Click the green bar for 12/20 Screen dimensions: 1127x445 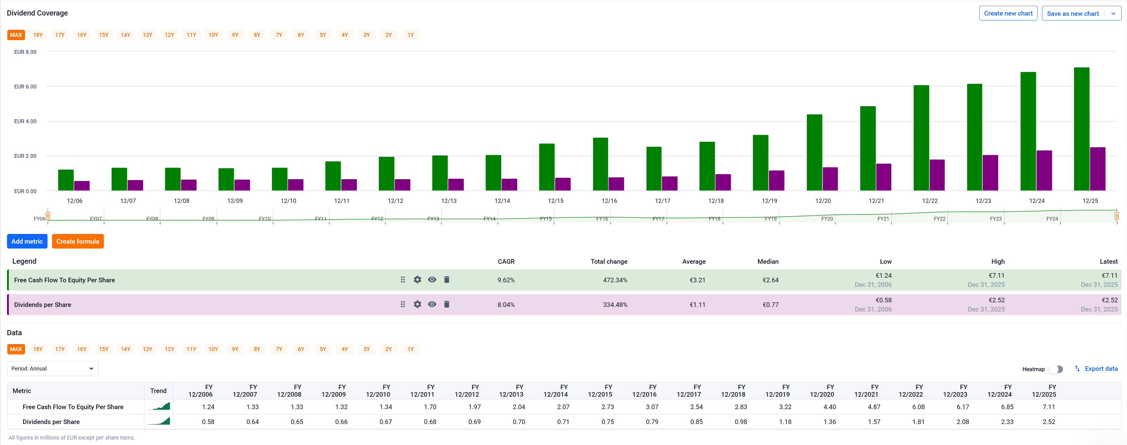[x=814, y=153]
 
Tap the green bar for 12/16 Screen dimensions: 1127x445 [x=600, y=164]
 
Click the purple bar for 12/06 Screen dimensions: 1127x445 [x=82, y=186]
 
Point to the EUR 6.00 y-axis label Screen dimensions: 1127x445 [x=25, y=87]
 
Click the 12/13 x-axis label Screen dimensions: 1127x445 [x=449, y=201]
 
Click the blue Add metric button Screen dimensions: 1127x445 [x=27, y=241]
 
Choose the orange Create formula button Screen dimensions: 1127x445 [x=78, y=241]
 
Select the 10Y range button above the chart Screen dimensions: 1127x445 [x=213, y=35]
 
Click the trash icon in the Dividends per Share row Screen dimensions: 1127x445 [x=447, y=304]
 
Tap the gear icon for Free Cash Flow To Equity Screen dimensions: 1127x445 [x=417, y=280]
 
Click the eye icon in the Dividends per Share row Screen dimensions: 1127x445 [x=432, y=304]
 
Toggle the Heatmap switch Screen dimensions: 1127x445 [x=1057, y=369]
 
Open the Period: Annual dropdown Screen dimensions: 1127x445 [x=52, y=369]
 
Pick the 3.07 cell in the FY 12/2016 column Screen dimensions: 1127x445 [x=652, y=407]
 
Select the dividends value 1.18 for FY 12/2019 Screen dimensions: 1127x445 [x=785, y=422]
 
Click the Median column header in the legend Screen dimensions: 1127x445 [x=768, y=261]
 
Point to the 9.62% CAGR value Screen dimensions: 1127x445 [x=506, y=280]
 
